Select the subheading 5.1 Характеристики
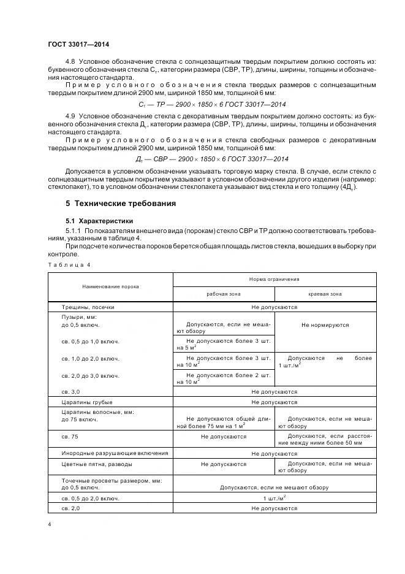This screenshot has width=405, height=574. coord(99,220)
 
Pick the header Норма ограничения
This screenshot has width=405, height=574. coord(274,279)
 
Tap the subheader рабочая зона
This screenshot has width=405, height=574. coord(224,294)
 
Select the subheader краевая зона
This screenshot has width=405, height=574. coord(325,294)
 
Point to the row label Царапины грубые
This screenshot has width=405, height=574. coord(86,402)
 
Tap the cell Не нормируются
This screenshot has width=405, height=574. coord(325,325)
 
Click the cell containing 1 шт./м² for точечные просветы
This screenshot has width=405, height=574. coord(274,499)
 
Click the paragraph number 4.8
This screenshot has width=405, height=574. coord(70,63)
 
